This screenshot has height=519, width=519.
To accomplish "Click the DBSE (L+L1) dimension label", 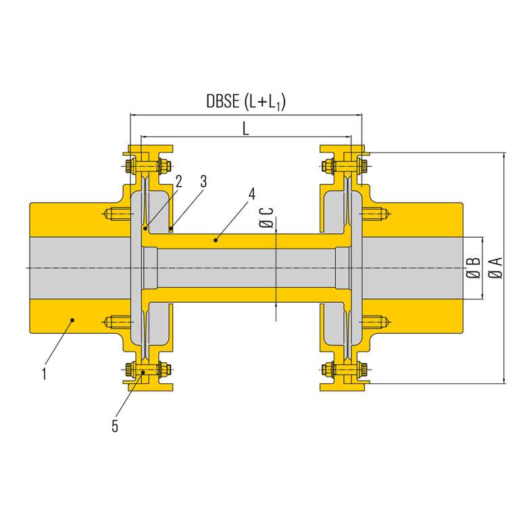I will click(246, 102).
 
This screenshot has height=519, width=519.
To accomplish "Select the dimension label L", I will click(246, 128).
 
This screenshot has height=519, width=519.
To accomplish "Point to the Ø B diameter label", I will click(474, 268).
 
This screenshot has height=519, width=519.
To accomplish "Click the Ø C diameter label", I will click(268, 220).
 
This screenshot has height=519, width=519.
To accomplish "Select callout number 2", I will click(178, 180).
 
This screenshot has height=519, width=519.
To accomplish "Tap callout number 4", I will click(251, 194).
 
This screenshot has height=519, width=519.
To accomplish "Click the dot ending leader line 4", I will click(215, 239).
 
